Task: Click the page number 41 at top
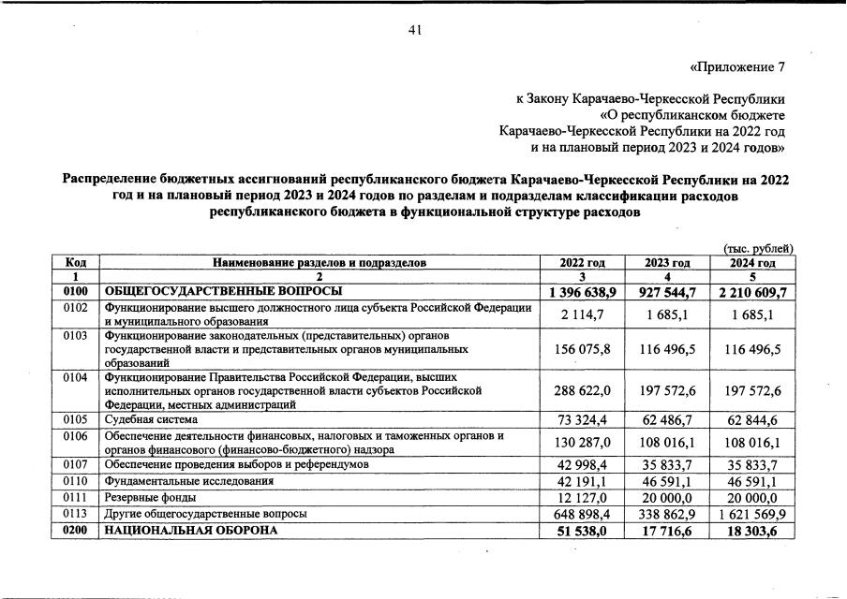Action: coord(416,31)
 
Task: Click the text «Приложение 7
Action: coord(736,67)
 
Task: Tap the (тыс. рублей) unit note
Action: coord(759,248)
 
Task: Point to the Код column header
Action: coord(77,263)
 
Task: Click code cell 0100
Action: coord(77,292)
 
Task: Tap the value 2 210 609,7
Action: coord(751,293)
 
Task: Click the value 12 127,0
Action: coord(588,498)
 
